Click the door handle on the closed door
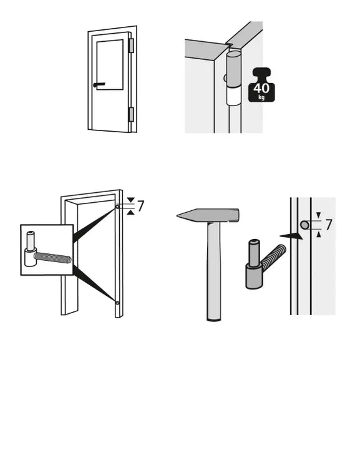[99, 85]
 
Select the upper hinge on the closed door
[131, 46]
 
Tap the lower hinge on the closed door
[131, 115]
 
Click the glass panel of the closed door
[110, 64]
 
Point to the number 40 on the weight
[261, 89]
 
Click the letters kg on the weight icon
[261, 97]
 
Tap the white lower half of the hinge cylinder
[233, 96]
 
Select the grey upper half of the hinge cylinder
[233, 69]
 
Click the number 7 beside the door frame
[140, 206]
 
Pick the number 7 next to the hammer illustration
[329, 225]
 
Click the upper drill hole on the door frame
[117, 207]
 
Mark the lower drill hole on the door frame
[117, 303]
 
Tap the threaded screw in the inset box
[52, 258]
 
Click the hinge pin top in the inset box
[31, 241]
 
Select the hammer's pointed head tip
[177, 215]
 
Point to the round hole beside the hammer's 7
[304, 225]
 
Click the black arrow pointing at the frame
[291, 236]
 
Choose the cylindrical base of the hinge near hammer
[254, 276]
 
